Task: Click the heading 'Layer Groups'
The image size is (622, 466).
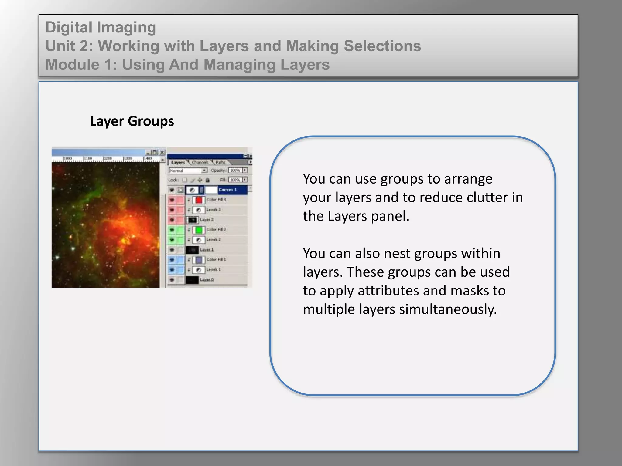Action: (132, 121)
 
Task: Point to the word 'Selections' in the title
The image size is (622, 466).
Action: (382, 46)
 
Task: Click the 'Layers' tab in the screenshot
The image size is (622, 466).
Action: (178, 163)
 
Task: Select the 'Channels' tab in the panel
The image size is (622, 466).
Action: (200, 163)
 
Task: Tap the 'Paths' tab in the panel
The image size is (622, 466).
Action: (220, 163)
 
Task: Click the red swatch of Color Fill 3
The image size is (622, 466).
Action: (199, 200)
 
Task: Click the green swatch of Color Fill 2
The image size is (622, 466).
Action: (199, 230)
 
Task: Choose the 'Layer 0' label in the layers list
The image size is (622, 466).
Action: (207, 280)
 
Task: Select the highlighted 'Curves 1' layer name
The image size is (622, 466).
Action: (227, 190)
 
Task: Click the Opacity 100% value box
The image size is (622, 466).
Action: (235, 171)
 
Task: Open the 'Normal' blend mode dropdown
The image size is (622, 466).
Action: (188, 171)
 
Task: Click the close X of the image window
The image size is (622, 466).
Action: (162, 152)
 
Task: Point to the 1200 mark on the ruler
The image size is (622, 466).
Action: (108, 159)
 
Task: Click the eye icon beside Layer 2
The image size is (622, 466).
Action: (172, 220)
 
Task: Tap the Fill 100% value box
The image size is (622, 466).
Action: (235, 180)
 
